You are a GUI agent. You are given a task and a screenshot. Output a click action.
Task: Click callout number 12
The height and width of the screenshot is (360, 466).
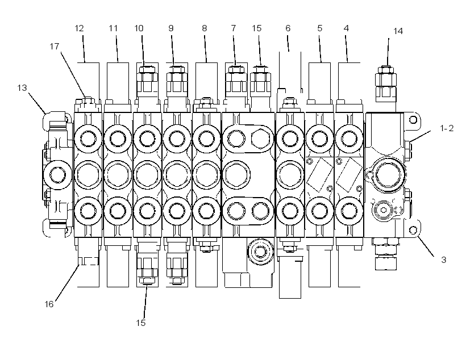tap(79, 28)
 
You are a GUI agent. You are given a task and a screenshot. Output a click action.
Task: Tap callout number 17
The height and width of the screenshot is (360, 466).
tap(55, 47)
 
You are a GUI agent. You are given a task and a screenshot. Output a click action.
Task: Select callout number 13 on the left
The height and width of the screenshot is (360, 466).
tap(22, 88)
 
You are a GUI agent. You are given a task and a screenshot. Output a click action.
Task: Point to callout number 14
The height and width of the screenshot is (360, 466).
tap(398, 31)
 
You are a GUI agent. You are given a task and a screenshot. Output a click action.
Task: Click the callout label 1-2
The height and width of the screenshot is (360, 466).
tap(447, 128)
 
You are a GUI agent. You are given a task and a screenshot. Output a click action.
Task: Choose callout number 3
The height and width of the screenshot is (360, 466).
tap(443, 260)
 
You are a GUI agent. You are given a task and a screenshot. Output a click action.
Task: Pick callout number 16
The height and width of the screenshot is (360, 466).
tap(49, 304)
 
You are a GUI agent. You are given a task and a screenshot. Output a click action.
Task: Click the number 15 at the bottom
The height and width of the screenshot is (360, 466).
tap(141, 323)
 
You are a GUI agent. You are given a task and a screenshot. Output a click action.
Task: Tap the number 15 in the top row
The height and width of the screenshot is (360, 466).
tap(256, 28)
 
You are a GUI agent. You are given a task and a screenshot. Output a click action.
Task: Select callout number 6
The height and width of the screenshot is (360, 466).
tap(288, 28)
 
